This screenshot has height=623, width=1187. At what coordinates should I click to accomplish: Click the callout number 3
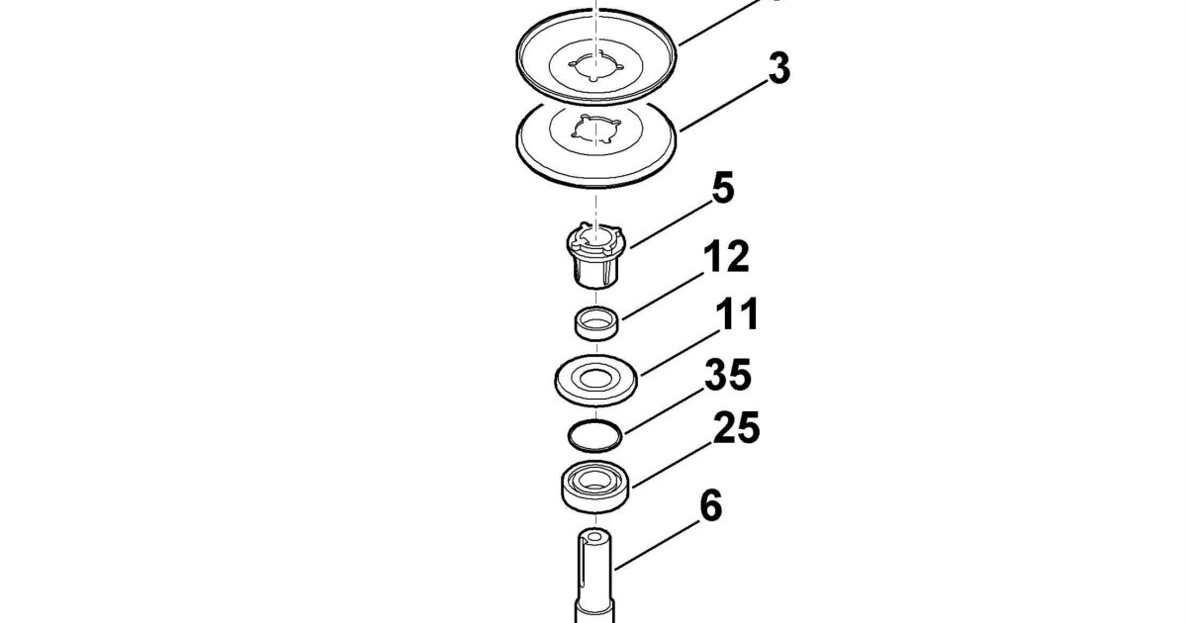(x=779, y=68)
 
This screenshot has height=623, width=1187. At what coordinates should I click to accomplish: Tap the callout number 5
(x=723, y=188)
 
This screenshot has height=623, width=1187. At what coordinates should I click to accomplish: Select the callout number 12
(x=726, y=256)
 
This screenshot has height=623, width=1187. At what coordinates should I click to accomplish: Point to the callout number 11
(x=737, y=314)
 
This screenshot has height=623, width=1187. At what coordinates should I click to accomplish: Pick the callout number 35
(x=728, y=375)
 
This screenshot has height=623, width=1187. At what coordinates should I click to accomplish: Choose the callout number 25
(x=737, y=427)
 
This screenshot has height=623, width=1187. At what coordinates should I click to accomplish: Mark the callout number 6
(x=710, y=506)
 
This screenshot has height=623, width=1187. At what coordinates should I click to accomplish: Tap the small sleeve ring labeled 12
(x=596, y=323)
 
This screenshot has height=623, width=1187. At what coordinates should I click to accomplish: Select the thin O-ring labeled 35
(x=594, y=436)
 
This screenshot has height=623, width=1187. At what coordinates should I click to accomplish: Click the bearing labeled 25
(x=594, y=487)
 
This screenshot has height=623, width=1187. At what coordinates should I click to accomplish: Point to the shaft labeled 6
(x=594, y=576)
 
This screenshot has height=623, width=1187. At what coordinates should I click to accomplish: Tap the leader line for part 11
(x=680, y=352)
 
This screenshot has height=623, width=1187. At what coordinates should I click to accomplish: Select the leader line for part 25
(x=673, y=464)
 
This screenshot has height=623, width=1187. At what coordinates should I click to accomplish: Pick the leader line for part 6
(x=657, y=546)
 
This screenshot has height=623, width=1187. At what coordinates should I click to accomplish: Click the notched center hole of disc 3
(x=596, y=129)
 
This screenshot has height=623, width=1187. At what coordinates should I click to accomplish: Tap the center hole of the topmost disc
(x=596, y=66)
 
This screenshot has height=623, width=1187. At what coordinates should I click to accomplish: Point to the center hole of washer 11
(x=594, y=378)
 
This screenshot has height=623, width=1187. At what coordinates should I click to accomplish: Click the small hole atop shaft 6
(x=595, y=537)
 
